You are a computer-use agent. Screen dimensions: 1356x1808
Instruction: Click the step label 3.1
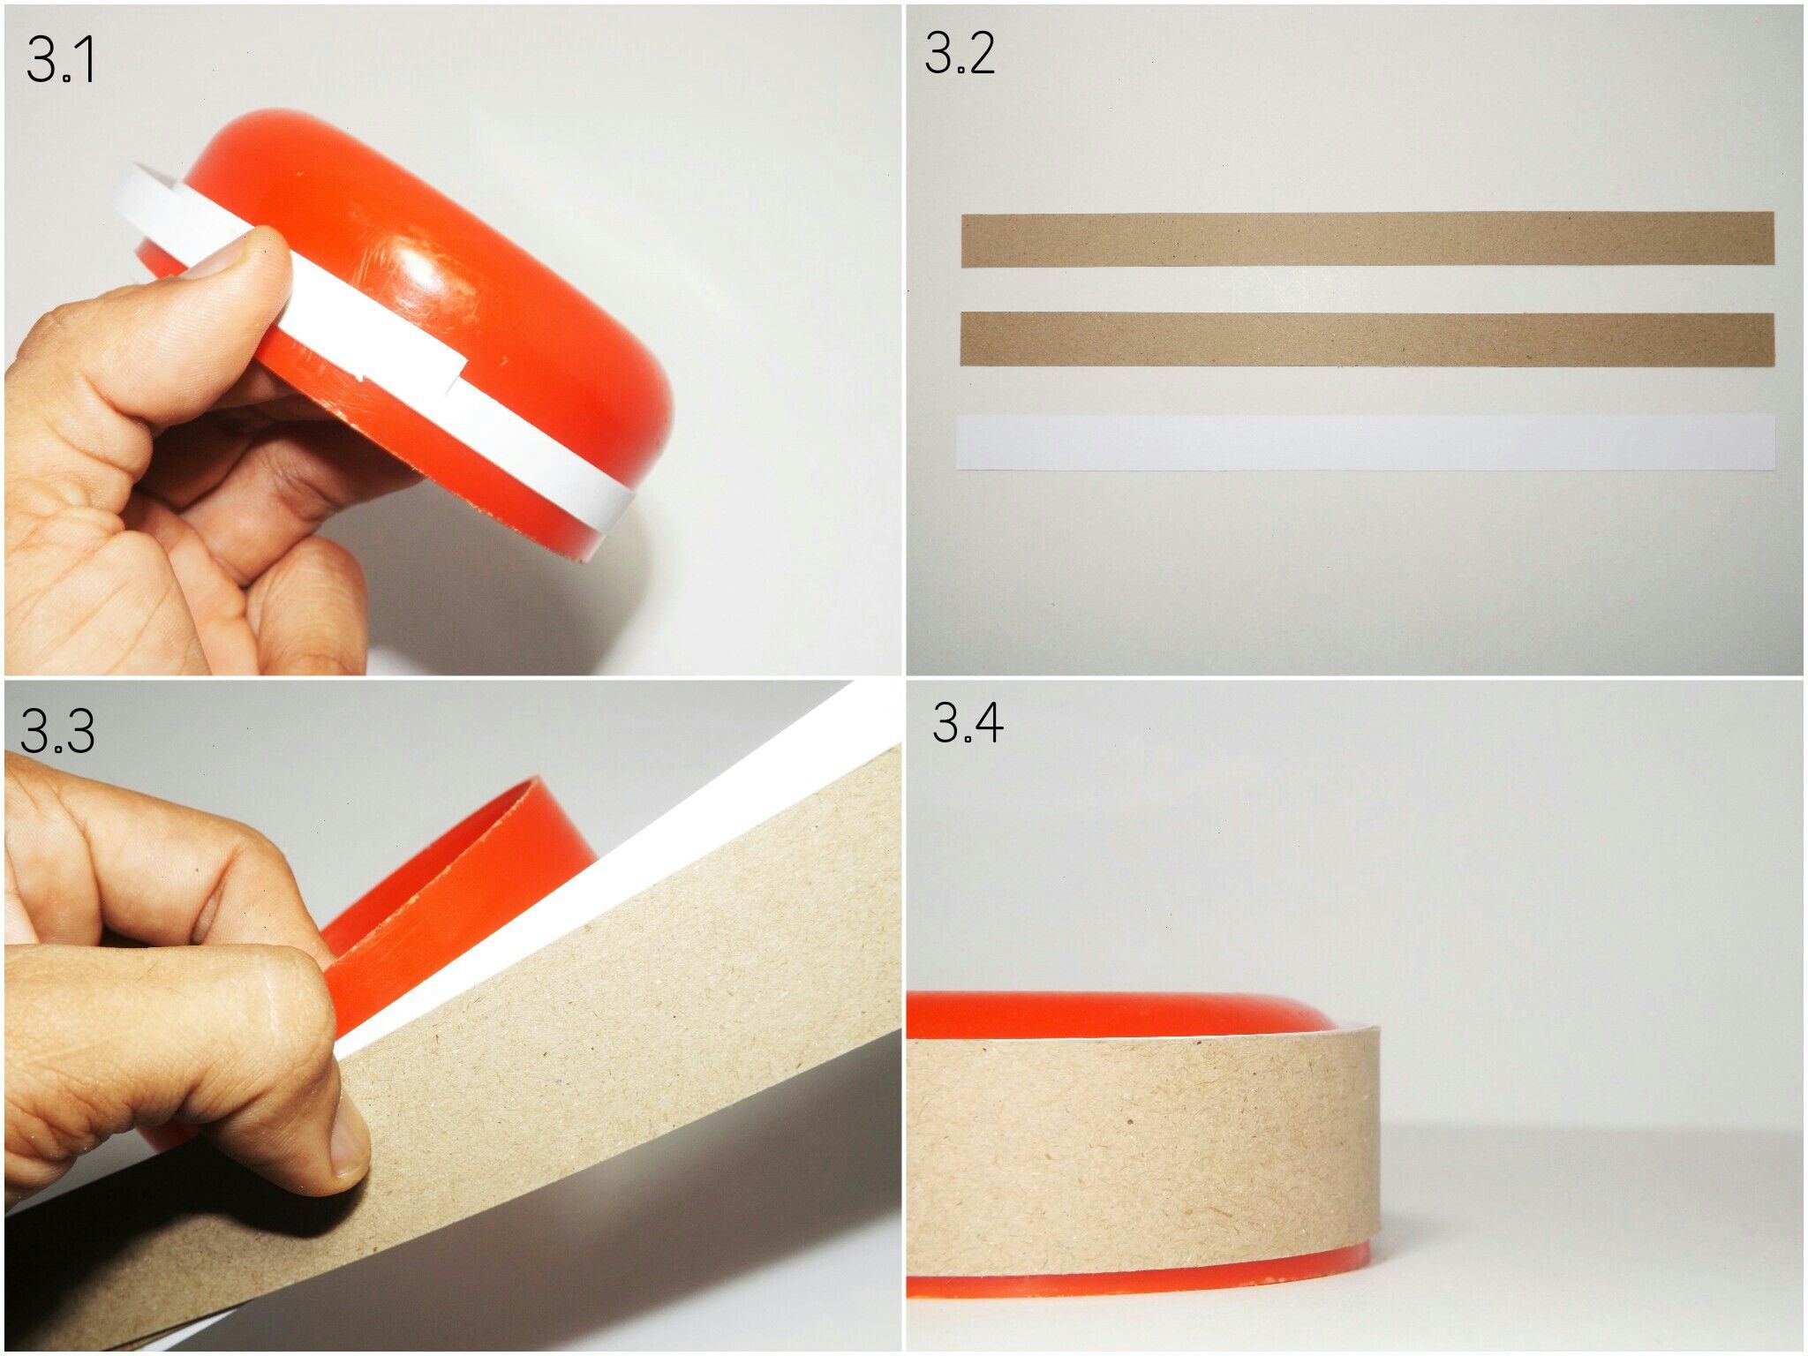(60, 60)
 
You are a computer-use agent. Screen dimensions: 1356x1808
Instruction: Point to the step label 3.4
(968, 723)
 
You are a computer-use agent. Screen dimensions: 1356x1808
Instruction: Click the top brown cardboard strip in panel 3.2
(1367, 238)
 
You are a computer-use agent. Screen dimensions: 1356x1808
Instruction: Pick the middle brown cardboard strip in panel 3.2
(1367, 338)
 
